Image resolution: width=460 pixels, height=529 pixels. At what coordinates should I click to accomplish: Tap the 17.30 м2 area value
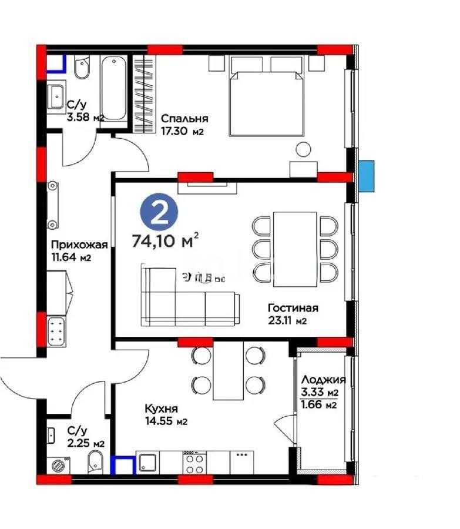[182, 132]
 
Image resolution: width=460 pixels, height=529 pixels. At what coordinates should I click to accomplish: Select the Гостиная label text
[293, 308]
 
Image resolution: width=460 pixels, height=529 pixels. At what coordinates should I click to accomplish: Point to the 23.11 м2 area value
[288, 321]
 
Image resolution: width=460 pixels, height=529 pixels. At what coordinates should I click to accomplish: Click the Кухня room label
[162, 409]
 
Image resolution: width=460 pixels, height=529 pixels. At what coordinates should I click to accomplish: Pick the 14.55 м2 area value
[166, 421]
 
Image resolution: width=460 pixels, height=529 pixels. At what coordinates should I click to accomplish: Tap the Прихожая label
[70, 245]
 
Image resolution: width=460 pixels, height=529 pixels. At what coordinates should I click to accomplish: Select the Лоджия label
[323, 380]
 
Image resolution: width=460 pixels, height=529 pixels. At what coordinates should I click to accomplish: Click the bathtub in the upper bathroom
[113, 88]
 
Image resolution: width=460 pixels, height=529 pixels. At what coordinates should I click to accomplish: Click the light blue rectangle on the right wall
[368, 176]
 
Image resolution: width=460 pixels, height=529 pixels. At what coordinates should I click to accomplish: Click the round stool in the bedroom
[302, 150]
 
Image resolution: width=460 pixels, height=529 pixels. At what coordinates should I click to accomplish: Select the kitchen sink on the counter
[147, 463]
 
